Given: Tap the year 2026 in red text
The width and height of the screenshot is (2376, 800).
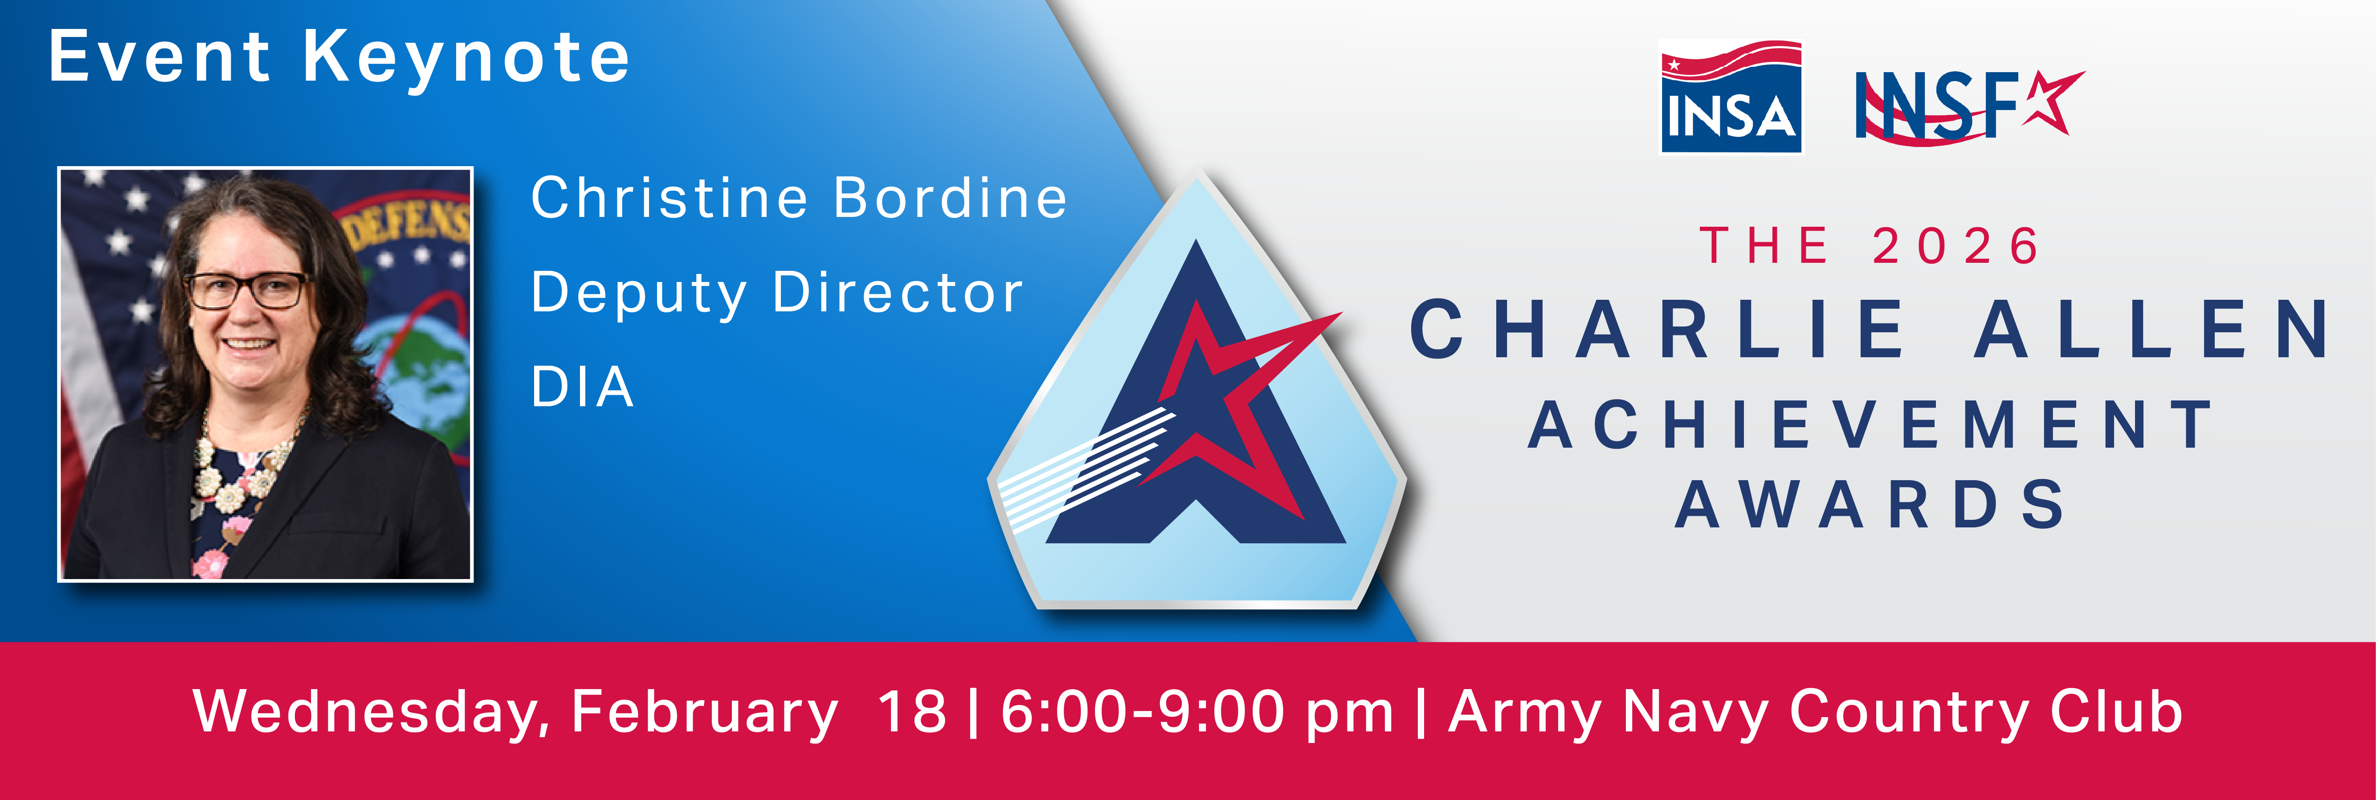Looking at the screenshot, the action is coord(1956,246).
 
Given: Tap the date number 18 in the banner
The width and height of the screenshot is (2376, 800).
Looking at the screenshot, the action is coord(911,712).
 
